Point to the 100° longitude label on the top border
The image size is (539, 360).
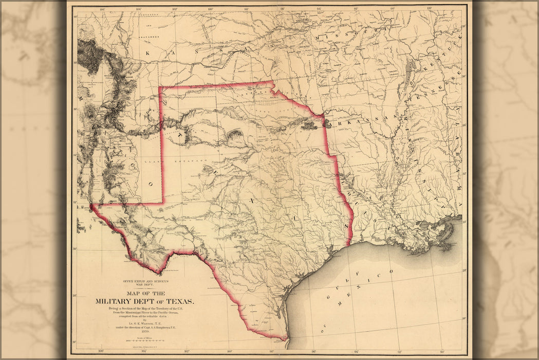coord(210,9)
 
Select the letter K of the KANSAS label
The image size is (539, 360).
coord(147,53)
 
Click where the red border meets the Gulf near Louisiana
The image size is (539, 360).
coord(349,245)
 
